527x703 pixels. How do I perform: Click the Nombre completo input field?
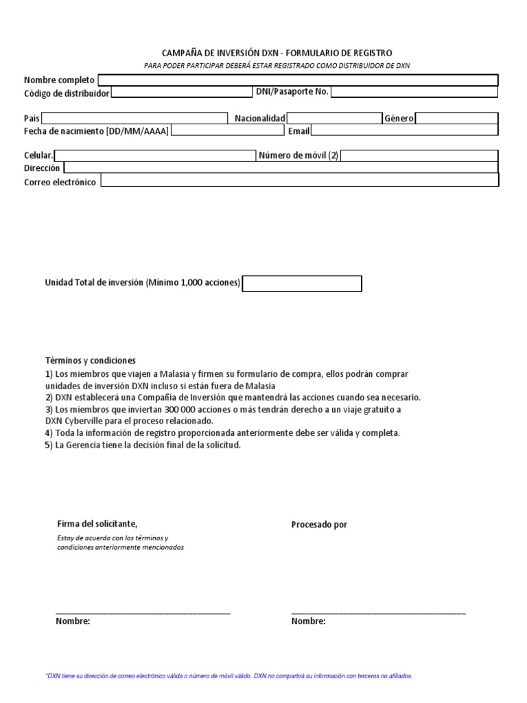[x=297, y=80]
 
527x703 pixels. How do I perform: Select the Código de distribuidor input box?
[x=181, y=93]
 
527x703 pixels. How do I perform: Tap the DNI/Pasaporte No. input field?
[x=414, y=93]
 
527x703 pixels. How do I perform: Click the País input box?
[x=134, y=118]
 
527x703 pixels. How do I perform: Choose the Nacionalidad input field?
[x=334, y=118]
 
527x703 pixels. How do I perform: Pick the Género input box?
[x=456, y=118]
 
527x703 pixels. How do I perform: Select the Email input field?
[x=405, y=130]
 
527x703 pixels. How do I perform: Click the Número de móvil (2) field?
[x=419, y=156]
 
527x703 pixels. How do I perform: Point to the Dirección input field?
[x=281, y=168]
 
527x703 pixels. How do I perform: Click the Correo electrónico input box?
[x=299, y=181]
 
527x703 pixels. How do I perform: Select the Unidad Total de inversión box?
[x=302, y=284]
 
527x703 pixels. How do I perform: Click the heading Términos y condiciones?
[x=91, y=360]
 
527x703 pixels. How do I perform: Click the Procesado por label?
[x=319, y=525]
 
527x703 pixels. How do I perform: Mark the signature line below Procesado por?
[x=378, y=612]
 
